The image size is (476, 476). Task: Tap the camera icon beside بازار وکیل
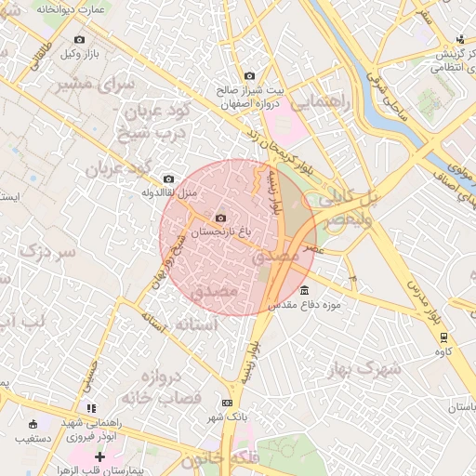coord(79,40)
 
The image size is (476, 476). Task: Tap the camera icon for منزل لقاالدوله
coord(168,179)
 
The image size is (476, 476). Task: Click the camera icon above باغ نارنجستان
coord(220,218)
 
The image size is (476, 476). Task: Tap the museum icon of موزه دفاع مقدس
coord(305,290)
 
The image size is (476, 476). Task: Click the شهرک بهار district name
coord(364,369)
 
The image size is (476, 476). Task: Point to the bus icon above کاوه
coord(444,337)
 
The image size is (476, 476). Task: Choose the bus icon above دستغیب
coord(33,424)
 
